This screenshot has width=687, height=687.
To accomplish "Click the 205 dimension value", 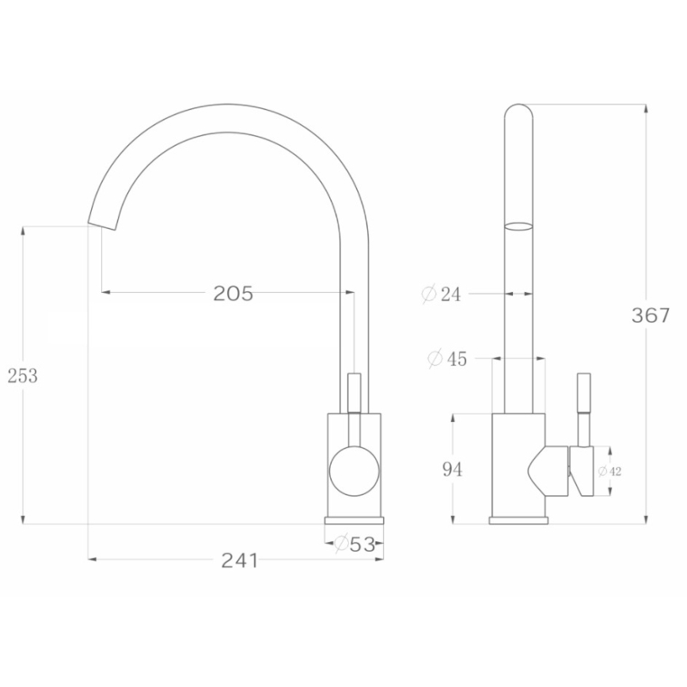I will [233, 294].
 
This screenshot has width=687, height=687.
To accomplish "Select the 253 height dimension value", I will [23, 376].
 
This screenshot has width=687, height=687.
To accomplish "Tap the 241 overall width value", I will [239, 560].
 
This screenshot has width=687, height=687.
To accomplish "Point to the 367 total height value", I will [651, 316].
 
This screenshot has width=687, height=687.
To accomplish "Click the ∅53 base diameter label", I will [354, 544].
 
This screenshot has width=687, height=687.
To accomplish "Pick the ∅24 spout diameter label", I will [441, 294].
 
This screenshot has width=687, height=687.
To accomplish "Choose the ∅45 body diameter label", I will [446, 359].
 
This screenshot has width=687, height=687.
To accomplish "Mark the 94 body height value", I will [452, 469].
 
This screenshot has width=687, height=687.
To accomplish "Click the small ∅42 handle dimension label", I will [609, 472].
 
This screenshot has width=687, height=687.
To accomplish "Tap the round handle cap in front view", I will [354, 470].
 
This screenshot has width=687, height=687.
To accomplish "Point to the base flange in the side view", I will [518, 520].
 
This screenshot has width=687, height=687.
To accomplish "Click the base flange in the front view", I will [354, 520].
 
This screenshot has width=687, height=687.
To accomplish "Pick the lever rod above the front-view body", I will [354, 392].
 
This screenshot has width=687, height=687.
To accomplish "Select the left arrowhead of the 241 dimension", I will [91, 560].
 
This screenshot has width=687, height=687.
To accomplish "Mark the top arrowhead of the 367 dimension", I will [648, 108].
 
